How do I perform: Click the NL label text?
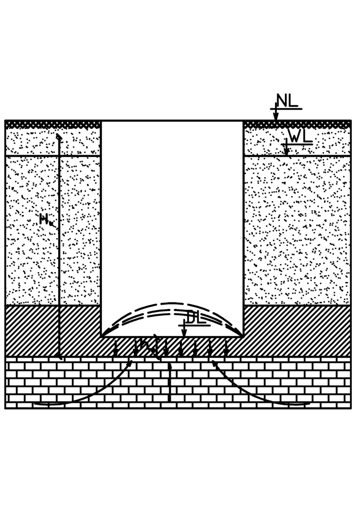click(287, 101)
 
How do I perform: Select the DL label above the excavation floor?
click(195, 318)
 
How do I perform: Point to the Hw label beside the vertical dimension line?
click(46, 219)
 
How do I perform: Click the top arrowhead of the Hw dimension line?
click(59, 137)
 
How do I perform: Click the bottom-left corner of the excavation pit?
click(102, 336)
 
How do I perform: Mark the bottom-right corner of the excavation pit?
click(243, 336)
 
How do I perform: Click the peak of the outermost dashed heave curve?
click(172, 303)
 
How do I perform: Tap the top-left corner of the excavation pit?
click(102, 121)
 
